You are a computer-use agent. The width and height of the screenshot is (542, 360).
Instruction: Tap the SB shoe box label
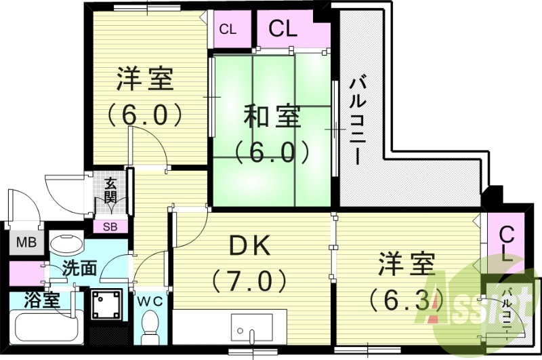110,226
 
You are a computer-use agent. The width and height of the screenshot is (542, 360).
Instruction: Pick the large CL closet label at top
283,28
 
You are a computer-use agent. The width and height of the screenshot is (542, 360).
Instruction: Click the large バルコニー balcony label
358,122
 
